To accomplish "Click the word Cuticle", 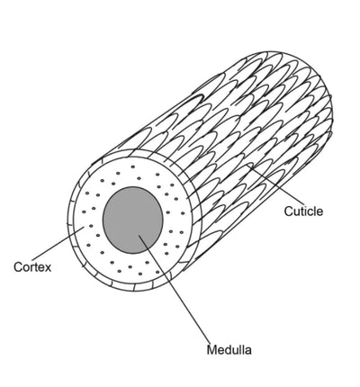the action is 303,211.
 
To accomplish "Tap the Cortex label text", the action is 32,266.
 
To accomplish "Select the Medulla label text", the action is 229,350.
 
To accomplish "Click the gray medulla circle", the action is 133,220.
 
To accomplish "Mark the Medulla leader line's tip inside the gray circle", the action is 139,236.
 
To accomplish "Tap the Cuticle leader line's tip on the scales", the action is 248,165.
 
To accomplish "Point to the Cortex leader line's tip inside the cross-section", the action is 84,228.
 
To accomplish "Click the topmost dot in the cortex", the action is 132,166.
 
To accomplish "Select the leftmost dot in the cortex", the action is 84,211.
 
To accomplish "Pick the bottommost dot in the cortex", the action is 140,274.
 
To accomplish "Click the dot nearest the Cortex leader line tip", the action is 91,226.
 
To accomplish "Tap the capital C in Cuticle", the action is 288,211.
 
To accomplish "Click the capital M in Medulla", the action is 211,350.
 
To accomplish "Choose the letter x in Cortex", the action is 48,268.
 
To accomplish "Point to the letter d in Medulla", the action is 227,350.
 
